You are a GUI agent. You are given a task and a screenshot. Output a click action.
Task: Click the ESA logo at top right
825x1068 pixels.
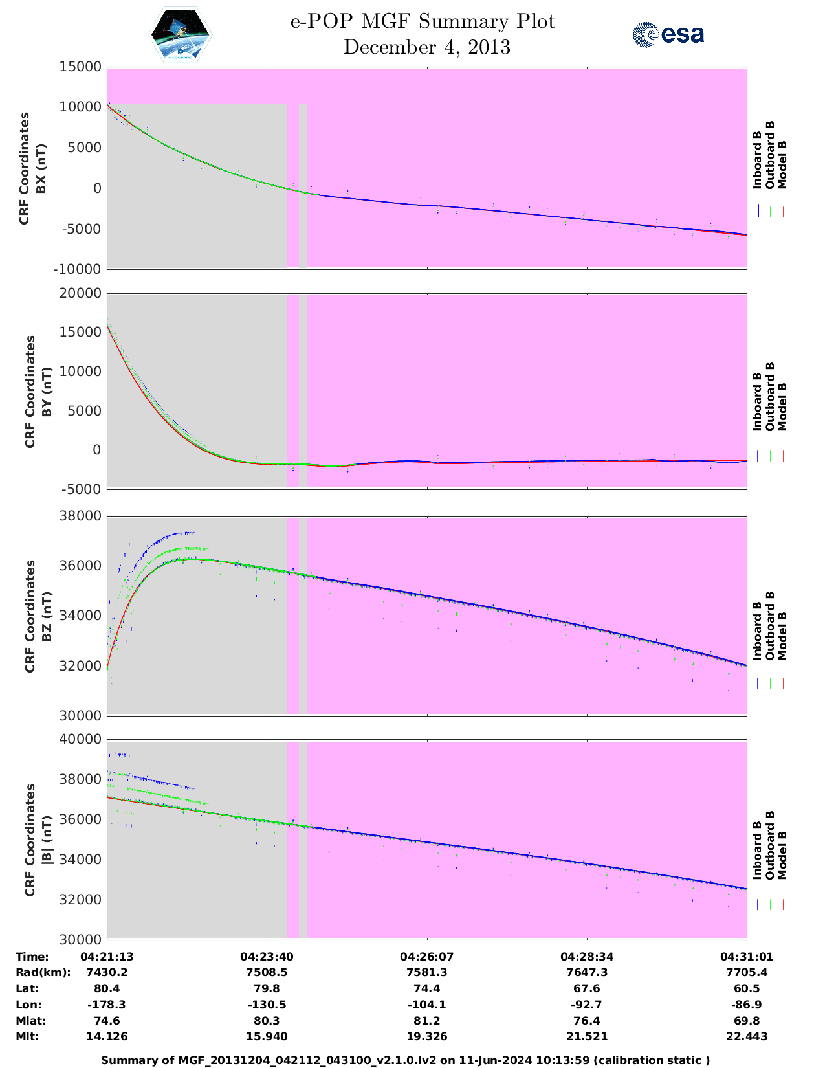(x=668, y=34)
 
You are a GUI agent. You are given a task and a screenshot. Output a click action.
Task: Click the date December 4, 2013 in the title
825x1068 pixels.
(x=426, y=47)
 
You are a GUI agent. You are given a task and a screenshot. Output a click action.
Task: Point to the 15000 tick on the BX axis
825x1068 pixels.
(x=80, y=67)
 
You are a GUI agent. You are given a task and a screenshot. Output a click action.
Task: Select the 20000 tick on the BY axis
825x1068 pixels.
(x=80, y=293)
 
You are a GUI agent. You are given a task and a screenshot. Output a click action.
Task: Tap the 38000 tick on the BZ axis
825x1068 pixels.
(x=80, y=516)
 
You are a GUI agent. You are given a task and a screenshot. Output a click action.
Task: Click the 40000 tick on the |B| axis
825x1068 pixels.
(x=80, y=739)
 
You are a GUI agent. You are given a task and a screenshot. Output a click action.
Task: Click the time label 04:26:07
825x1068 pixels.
(x=426, y=957)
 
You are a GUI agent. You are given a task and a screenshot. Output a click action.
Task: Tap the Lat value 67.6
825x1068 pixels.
(x=587, y=988)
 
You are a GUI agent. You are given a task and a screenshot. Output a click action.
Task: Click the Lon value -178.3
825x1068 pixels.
(x=107, y=1005)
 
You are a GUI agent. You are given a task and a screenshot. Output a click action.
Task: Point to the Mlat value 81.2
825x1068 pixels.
(x=426, y=1021)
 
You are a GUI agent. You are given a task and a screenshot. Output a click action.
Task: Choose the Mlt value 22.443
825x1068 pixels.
(x=747, y=1036)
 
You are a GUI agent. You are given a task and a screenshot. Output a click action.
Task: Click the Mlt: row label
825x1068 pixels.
(x=27, y=1036)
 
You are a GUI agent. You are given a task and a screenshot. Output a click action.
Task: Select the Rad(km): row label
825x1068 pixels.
(x=43, y=972)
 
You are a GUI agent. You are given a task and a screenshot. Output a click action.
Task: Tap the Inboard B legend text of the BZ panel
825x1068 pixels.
(x=757, y=631)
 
